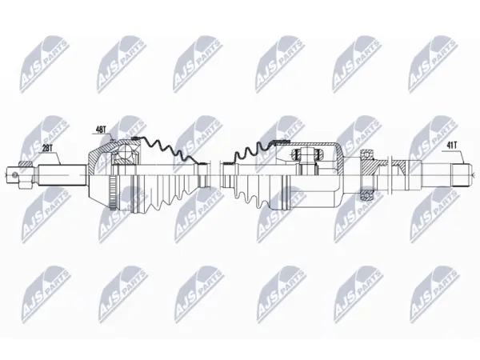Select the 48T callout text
(x=101, y=130)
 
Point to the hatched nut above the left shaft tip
(x=25, y=164)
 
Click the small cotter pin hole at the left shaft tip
(x=13, y=174)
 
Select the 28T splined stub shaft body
(x=62, y=175)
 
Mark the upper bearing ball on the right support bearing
(x=367, y=154)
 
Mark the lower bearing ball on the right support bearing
(x=367, y=194)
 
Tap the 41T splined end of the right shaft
(x=462, y=175)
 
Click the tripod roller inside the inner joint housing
(x=306, y=153)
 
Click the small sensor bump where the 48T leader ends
(x=112, y=141)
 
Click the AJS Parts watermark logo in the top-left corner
(x=44, y=64)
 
